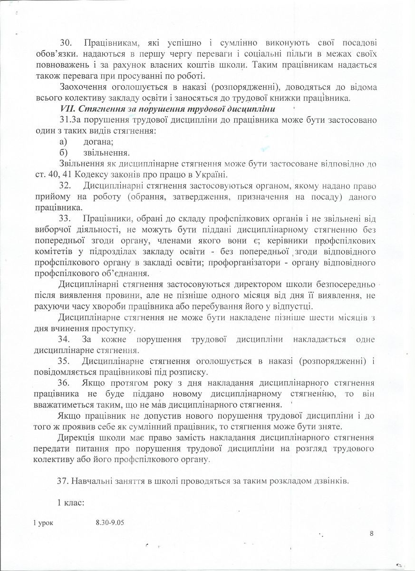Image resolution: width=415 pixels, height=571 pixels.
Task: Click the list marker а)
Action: coord(62,141)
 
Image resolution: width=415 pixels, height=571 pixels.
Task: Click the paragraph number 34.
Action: coord(65,339)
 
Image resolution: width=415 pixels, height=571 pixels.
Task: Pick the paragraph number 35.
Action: coord(65,361)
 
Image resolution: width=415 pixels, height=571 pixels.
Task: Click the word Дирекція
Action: coord(77,438)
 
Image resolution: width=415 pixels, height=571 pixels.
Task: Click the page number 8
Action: coord(371,533)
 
